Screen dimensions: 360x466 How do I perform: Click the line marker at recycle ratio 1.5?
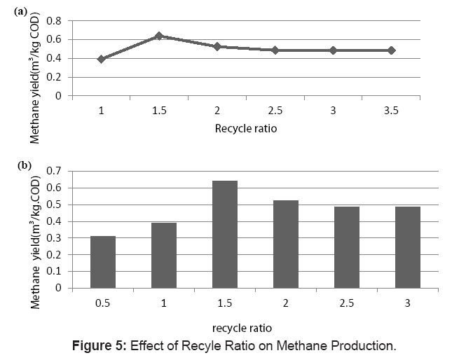click(159, 36)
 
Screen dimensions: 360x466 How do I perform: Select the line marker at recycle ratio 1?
click(102, 59)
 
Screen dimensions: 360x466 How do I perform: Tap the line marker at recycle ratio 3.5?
click(391, 50)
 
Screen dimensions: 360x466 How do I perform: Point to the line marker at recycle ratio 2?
click(217, 46)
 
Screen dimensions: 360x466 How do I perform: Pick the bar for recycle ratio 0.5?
click(102, 262)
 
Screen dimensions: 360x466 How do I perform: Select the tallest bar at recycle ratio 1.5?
click(224, 234)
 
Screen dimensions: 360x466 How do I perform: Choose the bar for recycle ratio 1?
click(163, 255)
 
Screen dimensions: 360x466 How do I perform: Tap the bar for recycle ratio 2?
click(285, 244)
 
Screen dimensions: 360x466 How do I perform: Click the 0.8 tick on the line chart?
click(54, 20)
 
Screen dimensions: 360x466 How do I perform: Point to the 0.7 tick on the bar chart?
click(54, 171)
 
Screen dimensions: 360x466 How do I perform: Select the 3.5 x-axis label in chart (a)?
click(391, 111)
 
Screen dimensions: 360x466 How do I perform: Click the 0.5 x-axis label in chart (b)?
click(102, 303)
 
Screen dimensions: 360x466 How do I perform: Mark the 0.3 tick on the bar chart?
click(54, 237)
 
